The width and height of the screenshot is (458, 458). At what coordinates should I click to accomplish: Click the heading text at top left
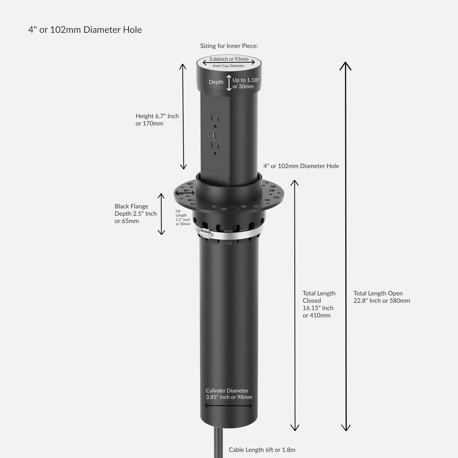click(85, 30)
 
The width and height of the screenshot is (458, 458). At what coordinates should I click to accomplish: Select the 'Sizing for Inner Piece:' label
click(229, 46)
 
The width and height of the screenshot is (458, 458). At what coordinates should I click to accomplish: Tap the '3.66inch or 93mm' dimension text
click(229, 59)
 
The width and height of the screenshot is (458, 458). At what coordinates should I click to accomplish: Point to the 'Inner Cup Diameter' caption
click(229, 66)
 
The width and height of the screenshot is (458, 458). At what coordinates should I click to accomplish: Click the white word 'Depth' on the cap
click(216, 82)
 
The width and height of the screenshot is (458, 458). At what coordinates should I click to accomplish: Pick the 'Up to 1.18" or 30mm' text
click(246, 83)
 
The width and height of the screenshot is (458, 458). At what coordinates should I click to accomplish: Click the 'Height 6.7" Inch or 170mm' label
click(157, 119)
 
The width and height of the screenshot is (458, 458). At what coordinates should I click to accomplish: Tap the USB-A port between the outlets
click(215, 135)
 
